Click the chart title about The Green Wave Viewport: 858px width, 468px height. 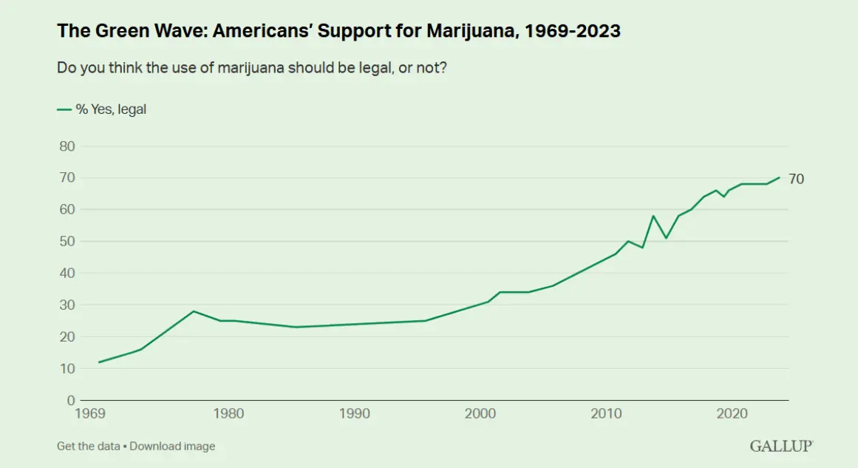pyautogui.click(x=338, y=31)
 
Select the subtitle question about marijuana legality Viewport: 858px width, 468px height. pyautogui.click(x=252, y=68)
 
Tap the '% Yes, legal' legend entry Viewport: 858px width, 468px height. pyautogui.click(x=102, y=109)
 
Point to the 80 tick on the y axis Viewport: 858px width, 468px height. pyautogui.click(x=67, y=146)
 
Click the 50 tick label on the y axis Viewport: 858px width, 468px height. pyautogui.click(x=67, y=241)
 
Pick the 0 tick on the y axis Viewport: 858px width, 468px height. pyautogui.click(x=71, y=400)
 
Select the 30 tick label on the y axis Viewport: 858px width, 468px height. pyautogui.click(x=67, y=305)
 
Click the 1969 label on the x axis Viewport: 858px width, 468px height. pyautogui.click(x=89, y=413)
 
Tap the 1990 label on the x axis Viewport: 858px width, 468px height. pyautogui.click(x=355, y=413)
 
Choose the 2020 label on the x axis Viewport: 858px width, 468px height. pyautogui.click(x=732, y=413)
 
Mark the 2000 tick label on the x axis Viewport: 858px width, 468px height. pyautogui.click(x=480, y=413)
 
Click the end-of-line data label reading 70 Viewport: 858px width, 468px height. pyautogui.click(x=796, y=179)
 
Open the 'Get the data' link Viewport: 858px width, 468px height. pyautogui.click(x=88, y=446)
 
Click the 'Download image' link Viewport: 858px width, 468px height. pyautogui.click(x=172, y=446)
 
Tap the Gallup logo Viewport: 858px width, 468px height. pyautogui.click(x=781, y=446)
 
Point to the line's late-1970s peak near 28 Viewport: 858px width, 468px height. pyautogui.click(x=194, y=311)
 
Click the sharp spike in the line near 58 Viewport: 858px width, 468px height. pyautogui.click(x=653, y=216)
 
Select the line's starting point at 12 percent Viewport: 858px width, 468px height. pyautogui.click(x=99, y=362)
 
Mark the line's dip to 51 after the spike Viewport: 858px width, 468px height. pyautogui.click(x=666, y=238)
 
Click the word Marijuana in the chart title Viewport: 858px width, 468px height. pyautogui.click(x=471, y=31)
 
